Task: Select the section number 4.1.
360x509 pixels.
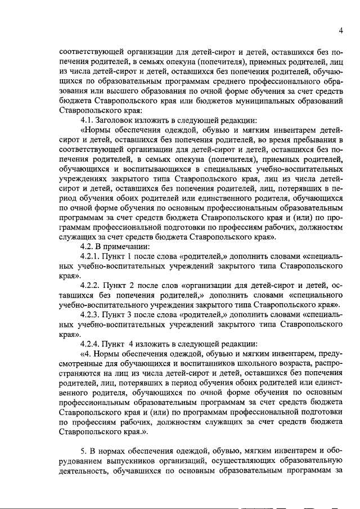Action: pyautogui.click(x=88, y=120)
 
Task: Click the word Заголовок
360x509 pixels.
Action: pyautogui.click(x=121, y=120)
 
